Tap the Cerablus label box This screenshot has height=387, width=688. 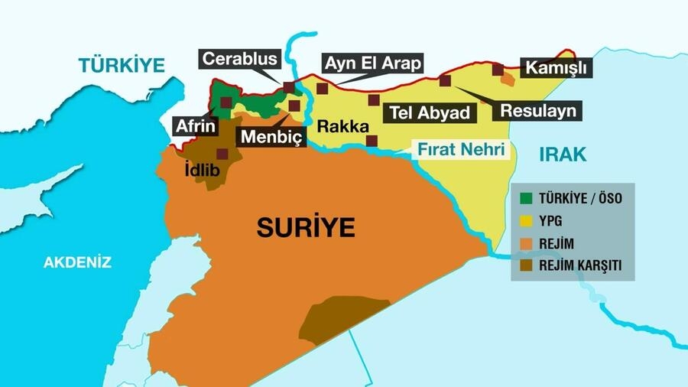point(239,60)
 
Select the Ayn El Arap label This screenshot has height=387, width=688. point(372,63)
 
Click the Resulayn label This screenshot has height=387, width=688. point(537,111)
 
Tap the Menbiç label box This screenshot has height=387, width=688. point(272,137)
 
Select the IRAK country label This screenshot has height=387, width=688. point(563,154)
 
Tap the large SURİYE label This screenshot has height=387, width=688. point(306,227)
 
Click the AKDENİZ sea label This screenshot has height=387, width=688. point(77,262)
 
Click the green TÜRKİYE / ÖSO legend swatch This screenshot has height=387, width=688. point(526,198)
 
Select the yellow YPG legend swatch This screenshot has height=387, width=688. point(526,220)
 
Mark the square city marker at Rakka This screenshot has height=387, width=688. point(372,141)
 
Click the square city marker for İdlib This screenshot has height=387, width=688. point(222,154)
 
